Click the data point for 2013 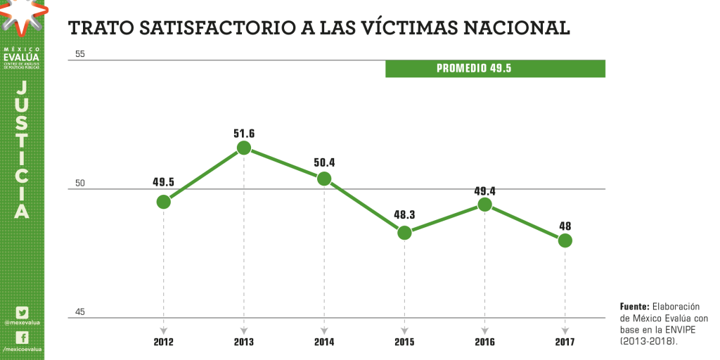coord(244,148)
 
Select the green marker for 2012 coord(164,202)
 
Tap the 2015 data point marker coord(404,233)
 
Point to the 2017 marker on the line coord(565,240)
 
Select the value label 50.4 coord(324,162)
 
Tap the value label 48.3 coord(404,216)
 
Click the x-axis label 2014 coord(324,342)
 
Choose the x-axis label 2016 coord(484,342)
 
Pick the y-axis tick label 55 coord(79,54)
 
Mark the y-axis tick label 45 coord(79,312)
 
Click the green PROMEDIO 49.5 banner coord(495,69)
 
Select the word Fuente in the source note coord(634,307)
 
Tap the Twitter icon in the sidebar coord(22,312)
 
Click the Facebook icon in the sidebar coord(22,337)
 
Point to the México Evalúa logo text coord(22,56)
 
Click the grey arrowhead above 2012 coord(164,329)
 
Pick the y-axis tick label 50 coord(79,184)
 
